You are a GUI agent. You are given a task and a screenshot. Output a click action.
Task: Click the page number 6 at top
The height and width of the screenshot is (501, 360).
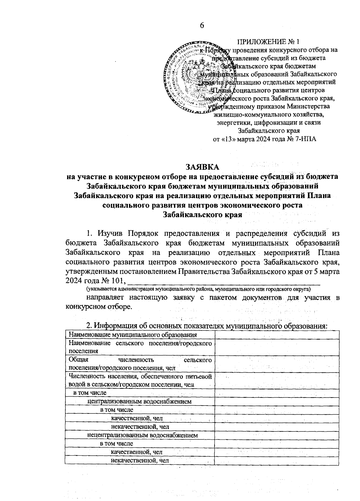[202, 25]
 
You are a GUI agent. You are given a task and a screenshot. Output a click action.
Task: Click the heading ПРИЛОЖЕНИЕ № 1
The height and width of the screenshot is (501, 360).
[268, 41]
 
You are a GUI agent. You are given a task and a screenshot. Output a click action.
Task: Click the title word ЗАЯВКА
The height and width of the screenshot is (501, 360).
[202, 166]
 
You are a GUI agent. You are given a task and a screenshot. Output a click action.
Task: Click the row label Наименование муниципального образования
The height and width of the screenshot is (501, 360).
[133, 335]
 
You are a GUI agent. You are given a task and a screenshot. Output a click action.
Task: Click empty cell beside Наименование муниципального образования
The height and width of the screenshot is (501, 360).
[276, 335]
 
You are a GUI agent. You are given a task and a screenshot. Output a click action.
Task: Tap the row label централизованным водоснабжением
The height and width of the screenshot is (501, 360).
[139, 401]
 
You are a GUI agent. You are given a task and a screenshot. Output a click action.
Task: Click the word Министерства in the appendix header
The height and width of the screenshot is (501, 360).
[308, 106]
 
